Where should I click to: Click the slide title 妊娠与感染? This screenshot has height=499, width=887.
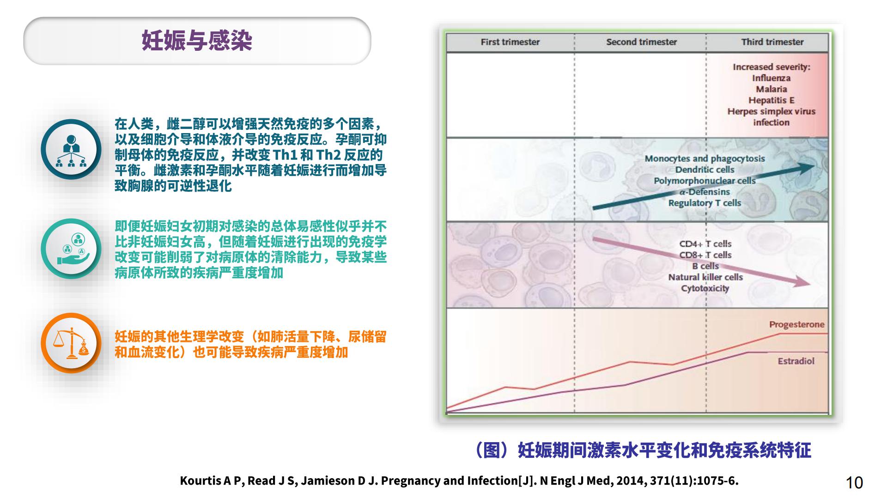click(x=197, y=41)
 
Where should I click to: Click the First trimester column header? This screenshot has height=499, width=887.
click(x=510, y=42)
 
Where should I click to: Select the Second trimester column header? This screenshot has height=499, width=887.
click(x=641, y=42)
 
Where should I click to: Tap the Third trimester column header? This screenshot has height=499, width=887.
click(x=772, y=42)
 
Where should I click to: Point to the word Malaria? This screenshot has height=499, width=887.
click(x=771, y=89)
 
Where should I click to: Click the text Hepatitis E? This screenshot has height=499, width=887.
click(x=771, y=100)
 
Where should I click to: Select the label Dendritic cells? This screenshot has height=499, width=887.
click(x=705, y=170)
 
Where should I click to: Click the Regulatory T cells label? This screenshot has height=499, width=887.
click(x=705, y=203)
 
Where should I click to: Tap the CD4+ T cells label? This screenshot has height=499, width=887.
click(x=705, y=244)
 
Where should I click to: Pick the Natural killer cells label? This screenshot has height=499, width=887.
click(x=705, y=277)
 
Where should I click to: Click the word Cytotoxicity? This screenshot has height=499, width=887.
click(x=705, y=288)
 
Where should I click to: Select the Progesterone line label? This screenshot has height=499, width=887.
click(x=796, y=324)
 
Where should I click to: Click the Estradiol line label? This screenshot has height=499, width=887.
click(x=796, y=361)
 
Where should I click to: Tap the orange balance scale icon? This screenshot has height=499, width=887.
click(x=71, y=343)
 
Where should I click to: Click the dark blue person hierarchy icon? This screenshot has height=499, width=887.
click(x=71, y=149)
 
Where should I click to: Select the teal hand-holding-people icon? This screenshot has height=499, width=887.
click(x=71, y=249)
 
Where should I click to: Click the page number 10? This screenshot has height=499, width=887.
click(x=854, y=482)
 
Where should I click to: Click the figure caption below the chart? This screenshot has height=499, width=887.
click(x=642, y=450)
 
